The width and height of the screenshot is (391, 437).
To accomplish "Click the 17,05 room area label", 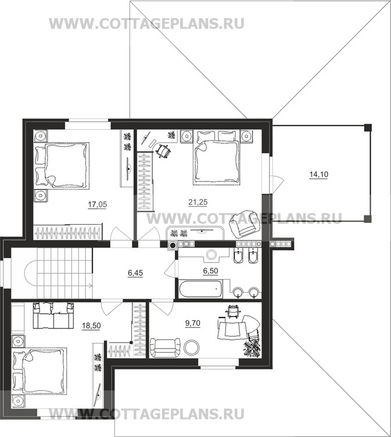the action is [x=98, y=205].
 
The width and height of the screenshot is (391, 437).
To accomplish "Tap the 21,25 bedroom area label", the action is [x=198, y=202].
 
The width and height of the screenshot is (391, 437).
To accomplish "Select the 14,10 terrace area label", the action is [x=318, y=175].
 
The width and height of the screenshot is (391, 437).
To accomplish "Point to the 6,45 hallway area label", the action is [x=135, y=273].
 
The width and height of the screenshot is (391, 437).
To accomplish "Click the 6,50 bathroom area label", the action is [x=210, y=271].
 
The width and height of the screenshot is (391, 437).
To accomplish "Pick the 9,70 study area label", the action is [x=192, y=323].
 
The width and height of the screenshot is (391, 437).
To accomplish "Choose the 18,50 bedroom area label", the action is [x=91, y=325].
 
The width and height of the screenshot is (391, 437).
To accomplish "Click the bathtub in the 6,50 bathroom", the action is [x=200, y=289].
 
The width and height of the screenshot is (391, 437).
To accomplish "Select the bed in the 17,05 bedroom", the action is [x=62, y=166].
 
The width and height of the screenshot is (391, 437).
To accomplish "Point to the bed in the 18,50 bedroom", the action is [x=40, y=371].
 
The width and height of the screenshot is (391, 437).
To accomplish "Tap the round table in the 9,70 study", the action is [x=192, y=347].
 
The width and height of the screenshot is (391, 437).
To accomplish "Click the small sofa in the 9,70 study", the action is [x=166, y=347].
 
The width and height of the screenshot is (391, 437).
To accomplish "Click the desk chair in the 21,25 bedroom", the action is [x=163, y=151].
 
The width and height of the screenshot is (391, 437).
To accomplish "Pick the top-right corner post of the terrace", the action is [x=368, y=127].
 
